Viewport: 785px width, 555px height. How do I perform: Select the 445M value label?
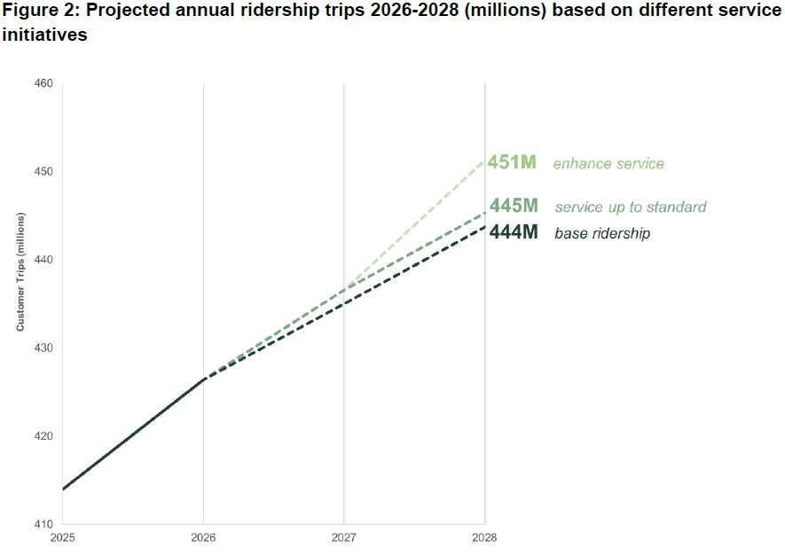coord(514,206)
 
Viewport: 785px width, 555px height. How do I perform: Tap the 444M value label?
coord(514,233)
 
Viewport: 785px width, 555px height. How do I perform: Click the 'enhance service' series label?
coord(608,164)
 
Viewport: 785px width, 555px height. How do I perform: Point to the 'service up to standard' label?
coord(631,207)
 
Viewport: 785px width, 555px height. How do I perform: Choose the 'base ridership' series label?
coord(602,234)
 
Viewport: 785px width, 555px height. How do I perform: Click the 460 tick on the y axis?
coord(44,83)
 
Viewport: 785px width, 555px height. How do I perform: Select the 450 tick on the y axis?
coord(44,171)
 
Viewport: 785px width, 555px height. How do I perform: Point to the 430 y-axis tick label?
coord(44,348)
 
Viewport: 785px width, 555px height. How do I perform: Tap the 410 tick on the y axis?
coord(44,524)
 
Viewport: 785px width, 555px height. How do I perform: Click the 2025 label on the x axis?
coord(63,537)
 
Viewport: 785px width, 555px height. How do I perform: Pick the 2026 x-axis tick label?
coord(204,537)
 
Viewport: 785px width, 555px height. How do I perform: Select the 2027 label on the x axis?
coord(344,537)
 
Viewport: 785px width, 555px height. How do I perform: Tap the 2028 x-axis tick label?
coord(484,537)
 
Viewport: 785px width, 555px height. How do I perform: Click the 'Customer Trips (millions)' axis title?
coord(20,271)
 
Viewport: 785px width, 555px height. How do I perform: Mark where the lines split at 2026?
coord(205,379)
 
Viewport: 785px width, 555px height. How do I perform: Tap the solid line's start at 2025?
coord(64,489)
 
